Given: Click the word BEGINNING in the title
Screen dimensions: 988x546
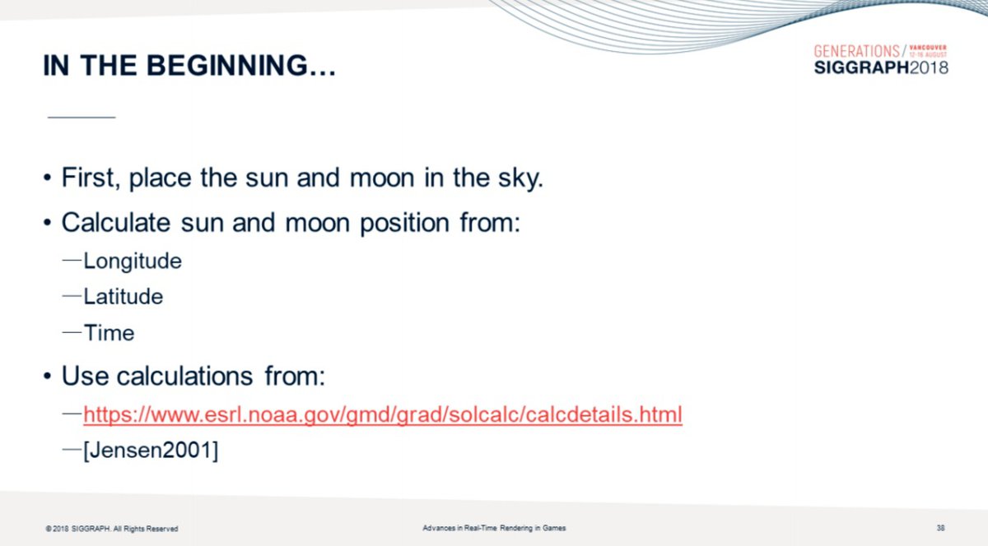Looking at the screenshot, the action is coord(226,66).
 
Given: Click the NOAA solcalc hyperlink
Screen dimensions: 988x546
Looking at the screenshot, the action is coord(383,414).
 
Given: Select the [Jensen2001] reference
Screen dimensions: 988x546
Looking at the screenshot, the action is coord(151,451).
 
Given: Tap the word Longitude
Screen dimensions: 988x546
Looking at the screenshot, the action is coord(133,261).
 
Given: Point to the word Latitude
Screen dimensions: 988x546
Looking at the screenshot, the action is coord(123,297).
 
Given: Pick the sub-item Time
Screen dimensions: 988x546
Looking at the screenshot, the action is coord(109,333).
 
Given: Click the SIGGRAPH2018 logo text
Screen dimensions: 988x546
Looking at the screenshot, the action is coord(881,67).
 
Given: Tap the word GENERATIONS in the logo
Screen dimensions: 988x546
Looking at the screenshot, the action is coord(856,52).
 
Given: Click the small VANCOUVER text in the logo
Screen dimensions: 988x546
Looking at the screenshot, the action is coord(928,48).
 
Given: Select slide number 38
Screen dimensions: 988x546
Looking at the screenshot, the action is coord(940,527).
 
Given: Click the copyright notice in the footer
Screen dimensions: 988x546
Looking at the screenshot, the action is coord(112,529).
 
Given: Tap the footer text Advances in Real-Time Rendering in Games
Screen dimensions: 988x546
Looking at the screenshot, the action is coord(494,528).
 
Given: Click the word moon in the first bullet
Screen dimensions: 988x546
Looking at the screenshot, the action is coord(382,178).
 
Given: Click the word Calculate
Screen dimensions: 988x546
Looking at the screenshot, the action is coord(115,222).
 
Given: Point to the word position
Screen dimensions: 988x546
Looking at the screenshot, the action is coord(405,224).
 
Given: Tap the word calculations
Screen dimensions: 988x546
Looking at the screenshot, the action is coord(184,377).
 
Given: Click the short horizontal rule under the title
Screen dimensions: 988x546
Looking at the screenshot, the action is coord(82,118).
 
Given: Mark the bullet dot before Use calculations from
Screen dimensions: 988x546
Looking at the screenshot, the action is coord(47,377).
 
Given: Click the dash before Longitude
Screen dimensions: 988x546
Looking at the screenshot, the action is coord(72,261).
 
